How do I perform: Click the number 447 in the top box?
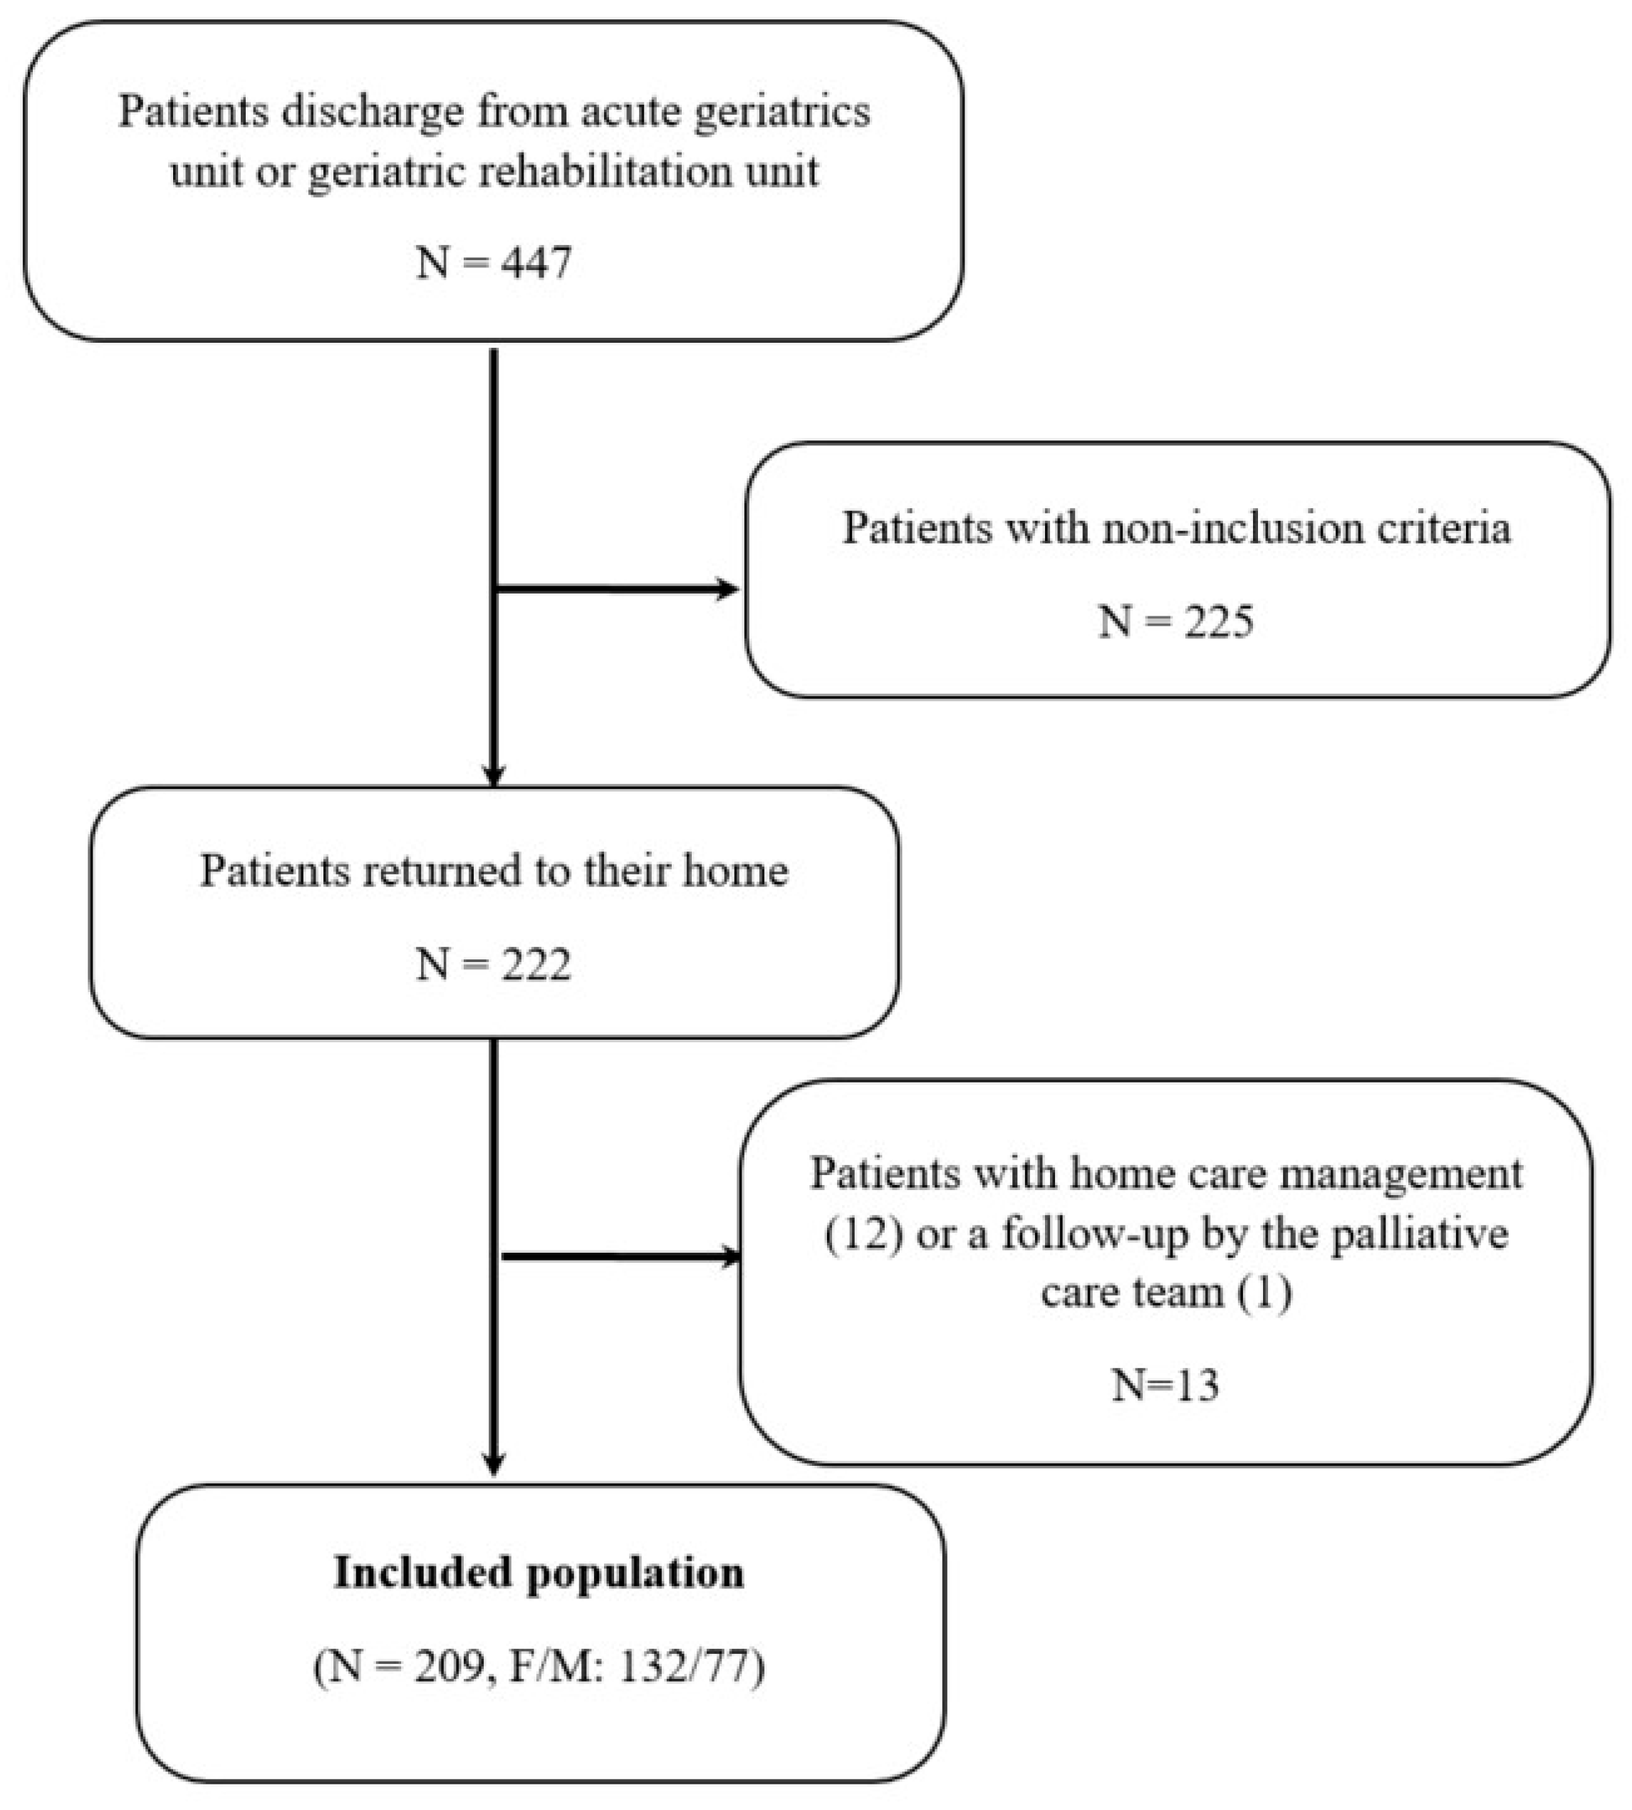pyautogui.click(x=536, y=263)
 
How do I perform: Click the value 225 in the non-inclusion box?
pyautogui.click(x=1219, y=621)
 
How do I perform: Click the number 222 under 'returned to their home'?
pyautogui.click(x=536, y=965)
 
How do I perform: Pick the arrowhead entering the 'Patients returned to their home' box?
pyautogui.click(x=493, y=773)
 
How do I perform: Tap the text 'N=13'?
pyautogui.click(x=1165, y=1385)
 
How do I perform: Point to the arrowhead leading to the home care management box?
pyautogui.click(x=728, y=1256)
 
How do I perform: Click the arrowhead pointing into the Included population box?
pyautogui.click(x=493, y=1463)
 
